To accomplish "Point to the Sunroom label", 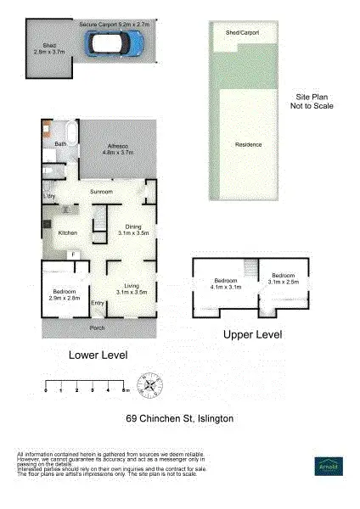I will click(x=102, y=193).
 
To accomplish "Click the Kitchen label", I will click(x=68, y=232).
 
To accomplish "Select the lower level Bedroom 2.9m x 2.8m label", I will click(x=64, y=294).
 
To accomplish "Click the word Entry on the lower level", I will click(x=97, y=304).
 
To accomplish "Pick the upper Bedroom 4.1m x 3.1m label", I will click(x=225, y=283).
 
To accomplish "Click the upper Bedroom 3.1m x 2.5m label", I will click(x=283, y=278).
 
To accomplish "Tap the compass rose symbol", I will click(x=150, y=386).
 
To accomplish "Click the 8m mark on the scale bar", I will click(x=126, y=391).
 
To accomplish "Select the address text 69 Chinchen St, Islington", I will click(x=179, y=419).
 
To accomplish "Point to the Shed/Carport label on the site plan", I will click(x=242, y=32).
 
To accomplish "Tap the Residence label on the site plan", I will click(x=248, y=145).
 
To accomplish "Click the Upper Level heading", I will click(x=252, y=335).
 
